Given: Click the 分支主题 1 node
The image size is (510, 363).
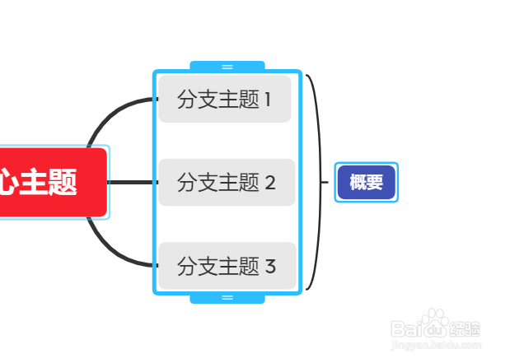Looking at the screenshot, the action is pyautogui.click(x=225, y=100).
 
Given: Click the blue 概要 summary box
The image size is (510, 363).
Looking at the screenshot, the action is pyautogui.click(x=367, y=182).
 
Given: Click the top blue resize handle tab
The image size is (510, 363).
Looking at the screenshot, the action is pyautogui.click(x=227, y=66).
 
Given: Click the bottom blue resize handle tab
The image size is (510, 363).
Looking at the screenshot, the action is pyautogui.click(x=227, y=297).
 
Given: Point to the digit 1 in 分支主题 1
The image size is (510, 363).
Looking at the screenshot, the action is pyautogui.click(x=267, y=100).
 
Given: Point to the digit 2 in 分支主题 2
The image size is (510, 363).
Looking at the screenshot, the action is pyautogui.click(x=269, y=183).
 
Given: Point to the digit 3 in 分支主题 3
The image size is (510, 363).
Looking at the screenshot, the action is pyautogui.click(x=270, y=266).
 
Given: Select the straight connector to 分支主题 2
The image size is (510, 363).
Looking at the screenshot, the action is pyautogui.click(x=132, y=182).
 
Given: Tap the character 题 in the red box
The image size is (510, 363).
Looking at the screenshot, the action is pyautogui.click(x=62, y=182).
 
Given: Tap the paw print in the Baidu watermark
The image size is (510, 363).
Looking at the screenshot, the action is pyautogui.click(x=434, y=321).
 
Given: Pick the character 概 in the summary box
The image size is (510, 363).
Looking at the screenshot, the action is pyautogui.click(x=358, y=182).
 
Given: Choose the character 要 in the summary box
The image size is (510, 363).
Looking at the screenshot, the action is pyautogui.click(x=376, y=182).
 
